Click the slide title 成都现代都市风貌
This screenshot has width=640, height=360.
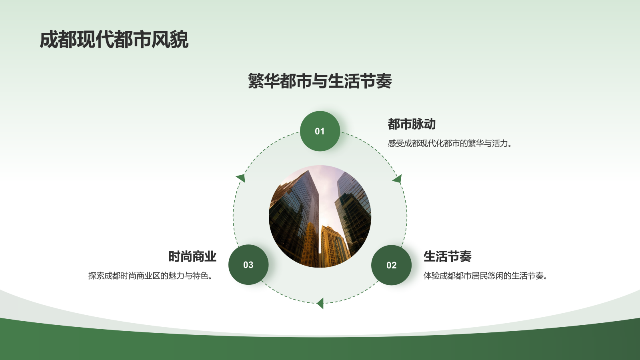pos(114,40)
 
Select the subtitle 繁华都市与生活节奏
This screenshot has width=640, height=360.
pos(320,81)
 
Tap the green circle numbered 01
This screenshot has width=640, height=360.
pos(320,131)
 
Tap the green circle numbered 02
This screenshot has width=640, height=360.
pos(391,265)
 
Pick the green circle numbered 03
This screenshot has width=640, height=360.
pos(248,265)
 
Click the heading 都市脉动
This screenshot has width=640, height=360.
pos(412,124)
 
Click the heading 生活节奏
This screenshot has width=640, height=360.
pos(447,256)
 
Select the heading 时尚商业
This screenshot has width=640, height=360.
pos(192,256)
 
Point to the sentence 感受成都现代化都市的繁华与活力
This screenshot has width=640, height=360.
pos(450,144)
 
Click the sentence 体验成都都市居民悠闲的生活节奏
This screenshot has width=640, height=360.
pos(485,276)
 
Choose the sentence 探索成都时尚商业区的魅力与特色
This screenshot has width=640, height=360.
pos(150,276)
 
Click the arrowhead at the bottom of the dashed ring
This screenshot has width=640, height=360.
pos(320,303)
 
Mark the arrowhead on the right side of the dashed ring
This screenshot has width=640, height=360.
pos(398,179)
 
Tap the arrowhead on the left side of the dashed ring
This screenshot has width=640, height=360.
pos(241,178)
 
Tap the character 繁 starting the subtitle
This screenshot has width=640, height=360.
pos(256,81)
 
